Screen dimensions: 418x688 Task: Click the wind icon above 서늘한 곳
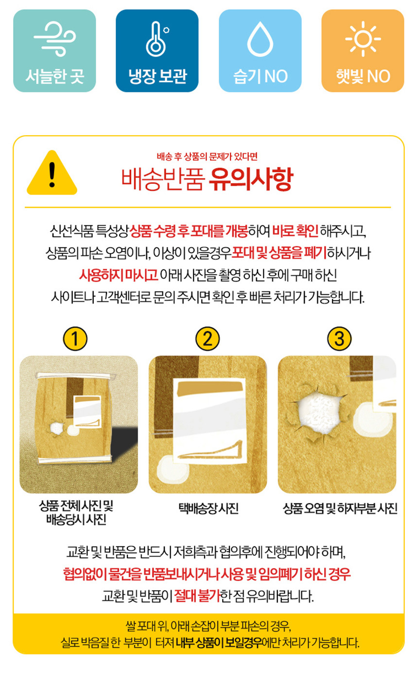[54, 39]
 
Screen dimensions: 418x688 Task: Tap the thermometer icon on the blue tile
[157, 39]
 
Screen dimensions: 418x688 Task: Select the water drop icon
[260, 39]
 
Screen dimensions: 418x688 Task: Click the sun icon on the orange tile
[363, 39]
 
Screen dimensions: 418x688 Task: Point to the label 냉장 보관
[157, 76]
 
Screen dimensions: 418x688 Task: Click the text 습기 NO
[261, 76]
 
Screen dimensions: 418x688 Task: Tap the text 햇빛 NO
[363, 76]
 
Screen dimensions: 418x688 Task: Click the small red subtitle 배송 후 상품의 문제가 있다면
[208, 157]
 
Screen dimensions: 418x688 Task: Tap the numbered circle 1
[75, 338]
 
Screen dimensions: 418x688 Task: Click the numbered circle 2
[208, 338]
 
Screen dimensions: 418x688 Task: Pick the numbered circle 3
[339, 338]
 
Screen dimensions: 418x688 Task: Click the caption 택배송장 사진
[209, 508]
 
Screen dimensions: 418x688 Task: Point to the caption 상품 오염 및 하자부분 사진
[340, 508]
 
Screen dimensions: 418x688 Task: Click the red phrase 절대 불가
[197, 596]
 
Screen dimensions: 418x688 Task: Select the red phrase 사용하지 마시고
[119, 275]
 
